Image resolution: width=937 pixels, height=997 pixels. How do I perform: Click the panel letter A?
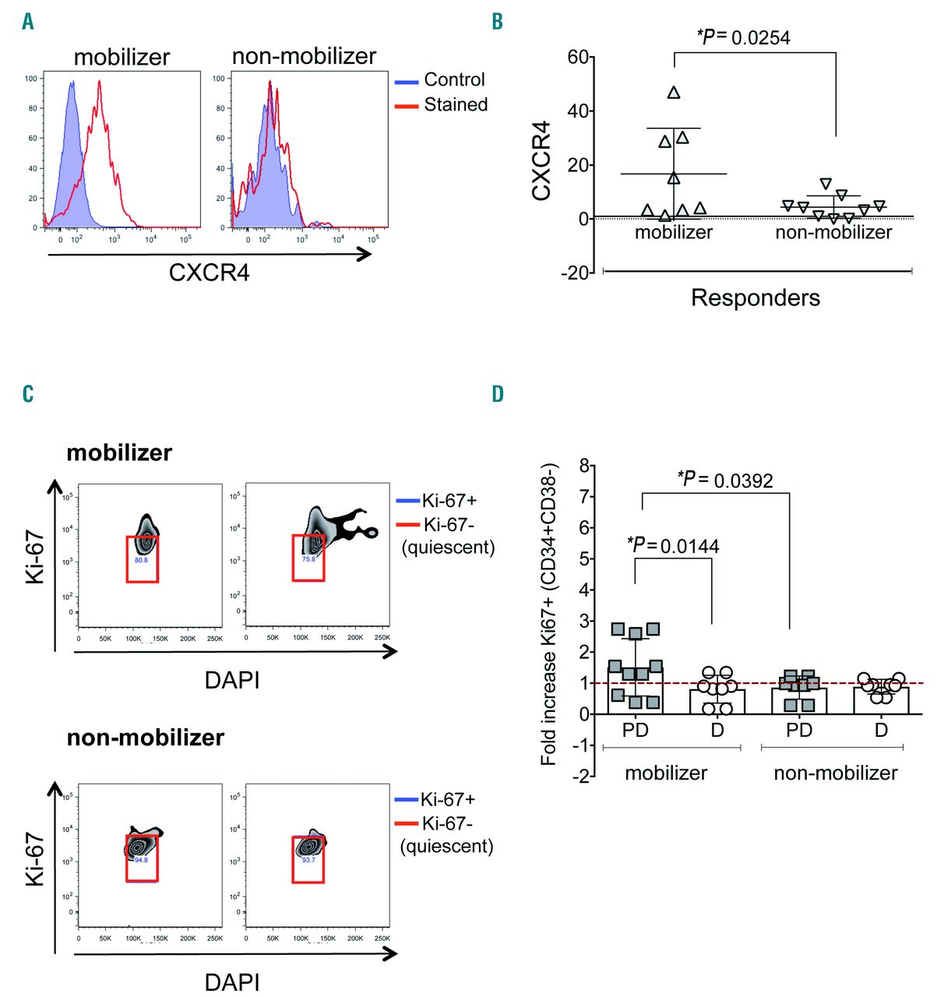(x=28, y=21)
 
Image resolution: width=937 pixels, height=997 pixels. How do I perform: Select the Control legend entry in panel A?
(x=454, y=79)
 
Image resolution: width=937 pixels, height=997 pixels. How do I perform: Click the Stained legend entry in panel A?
(x=456, y=104)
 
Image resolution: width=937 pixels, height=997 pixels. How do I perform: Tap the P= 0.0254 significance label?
(x=743, y=37)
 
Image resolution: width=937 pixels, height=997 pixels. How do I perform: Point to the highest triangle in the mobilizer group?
(x=674, y=93)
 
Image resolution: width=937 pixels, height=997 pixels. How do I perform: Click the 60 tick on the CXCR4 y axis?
(x=578, y=57)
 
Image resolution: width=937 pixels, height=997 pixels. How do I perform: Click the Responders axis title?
(x=756, y=298)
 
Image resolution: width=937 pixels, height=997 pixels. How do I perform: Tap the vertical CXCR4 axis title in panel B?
(x=541, y=160)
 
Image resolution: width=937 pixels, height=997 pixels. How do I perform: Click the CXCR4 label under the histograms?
(x=209, y=273)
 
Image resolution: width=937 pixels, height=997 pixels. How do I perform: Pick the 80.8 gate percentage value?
(x=141, y=560)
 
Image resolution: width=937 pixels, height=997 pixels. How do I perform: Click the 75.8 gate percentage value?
(x=308, y=559)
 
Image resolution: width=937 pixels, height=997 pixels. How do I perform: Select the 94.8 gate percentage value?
(x=141, y=860)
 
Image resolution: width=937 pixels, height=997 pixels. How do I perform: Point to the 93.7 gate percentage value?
(x=308, y=860)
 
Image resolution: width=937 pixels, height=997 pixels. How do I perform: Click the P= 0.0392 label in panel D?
(x=725, y=480)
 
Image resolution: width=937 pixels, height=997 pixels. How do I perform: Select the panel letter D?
(x=498, y=393)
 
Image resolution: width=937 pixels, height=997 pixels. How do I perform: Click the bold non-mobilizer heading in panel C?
(x=146, y=738)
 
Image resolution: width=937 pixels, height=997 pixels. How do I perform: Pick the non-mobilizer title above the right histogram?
(x=304, y=56)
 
